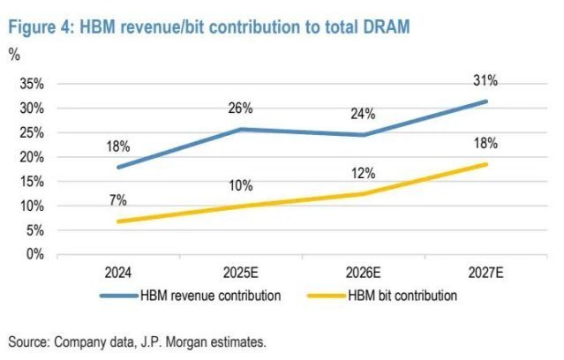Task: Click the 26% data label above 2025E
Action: (x=240, y=109)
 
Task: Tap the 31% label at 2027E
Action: (x=485, y=80)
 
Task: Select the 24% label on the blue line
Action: (x=363, y=114)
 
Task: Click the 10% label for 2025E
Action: (x=240, y=185)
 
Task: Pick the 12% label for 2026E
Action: (x=363, y=173)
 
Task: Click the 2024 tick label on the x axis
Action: (x=118, y=273)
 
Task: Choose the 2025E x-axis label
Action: (x=240, y=273)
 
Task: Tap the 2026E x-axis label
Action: (x=363, y=273)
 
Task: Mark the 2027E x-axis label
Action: (x=485, y=273)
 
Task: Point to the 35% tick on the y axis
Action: (x=32, y=85)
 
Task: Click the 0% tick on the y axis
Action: (x=35, y=254)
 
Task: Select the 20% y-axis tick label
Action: (x=32, y=157)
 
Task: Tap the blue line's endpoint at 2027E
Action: (x=485, y=101)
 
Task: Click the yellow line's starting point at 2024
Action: (x=118, y=221)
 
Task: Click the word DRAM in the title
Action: (x=384, y=27)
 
